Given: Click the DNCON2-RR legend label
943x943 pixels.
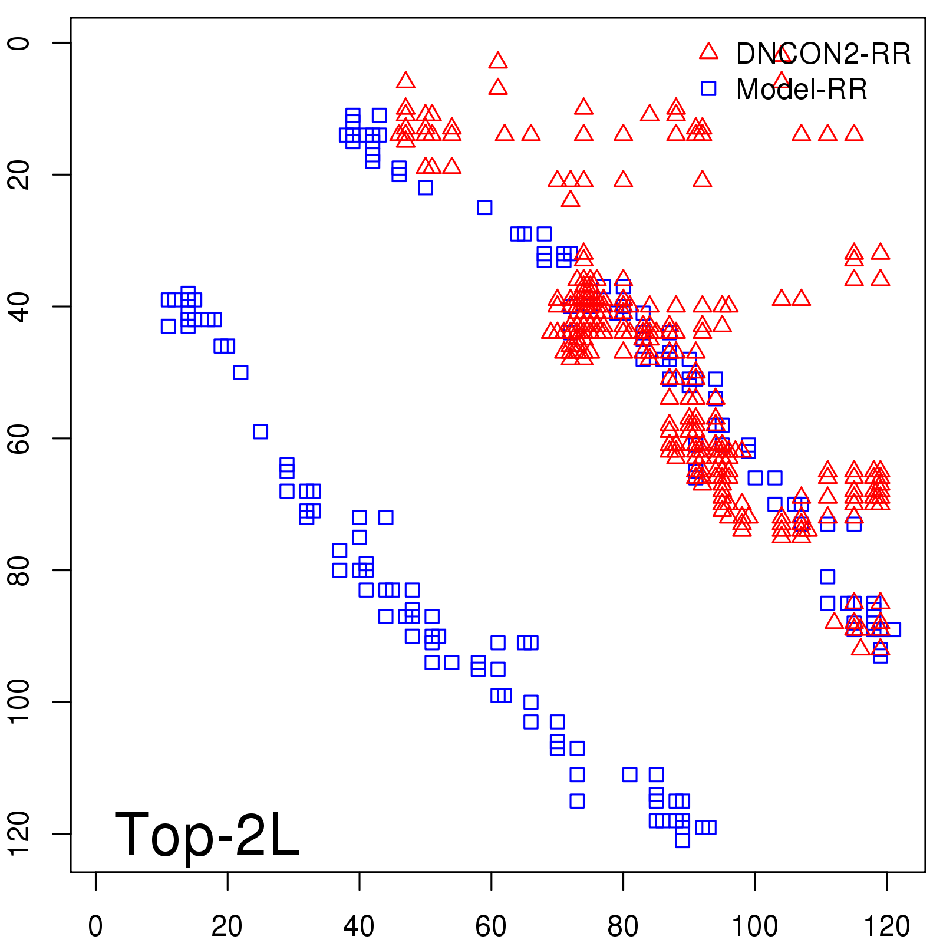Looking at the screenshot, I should pyautogui.click(x=823, y=54).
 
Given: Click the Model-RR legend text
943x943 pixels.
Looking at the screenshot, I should pyautogui.click(x=802, y=90).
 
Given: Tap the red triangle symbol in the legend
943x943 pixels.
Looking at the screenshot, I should pyautogui.click(x=708, y=52).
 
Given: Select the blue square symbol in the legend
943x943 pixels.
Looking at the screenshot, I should pyautogui.click(x=708, y=88).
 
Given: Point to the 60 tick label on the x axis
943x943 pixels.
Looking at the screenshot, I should pyautogui.click(x=491, y=926).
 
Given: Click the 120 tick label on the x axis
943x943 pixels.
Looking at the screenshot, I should pyautogui.click(x=886, y=926).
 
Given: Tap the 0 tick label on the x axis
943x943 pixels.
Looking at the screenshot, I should pyautogui.click(x=95, y=926).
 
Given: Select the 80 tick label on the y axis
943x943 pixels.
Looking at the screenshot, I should pyautogui.click(x=19, y=570).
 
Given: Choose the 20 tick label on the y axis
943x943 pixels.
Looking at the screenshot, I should pyautogui.click(x=19, y=174).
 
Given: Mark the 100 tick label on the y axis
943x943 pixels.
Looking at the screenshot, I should pyautogui.click(x=19, y=701).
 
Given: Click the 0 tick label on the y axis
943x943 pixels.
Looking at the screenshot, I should pyautogui.click(x=19, y=43).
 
